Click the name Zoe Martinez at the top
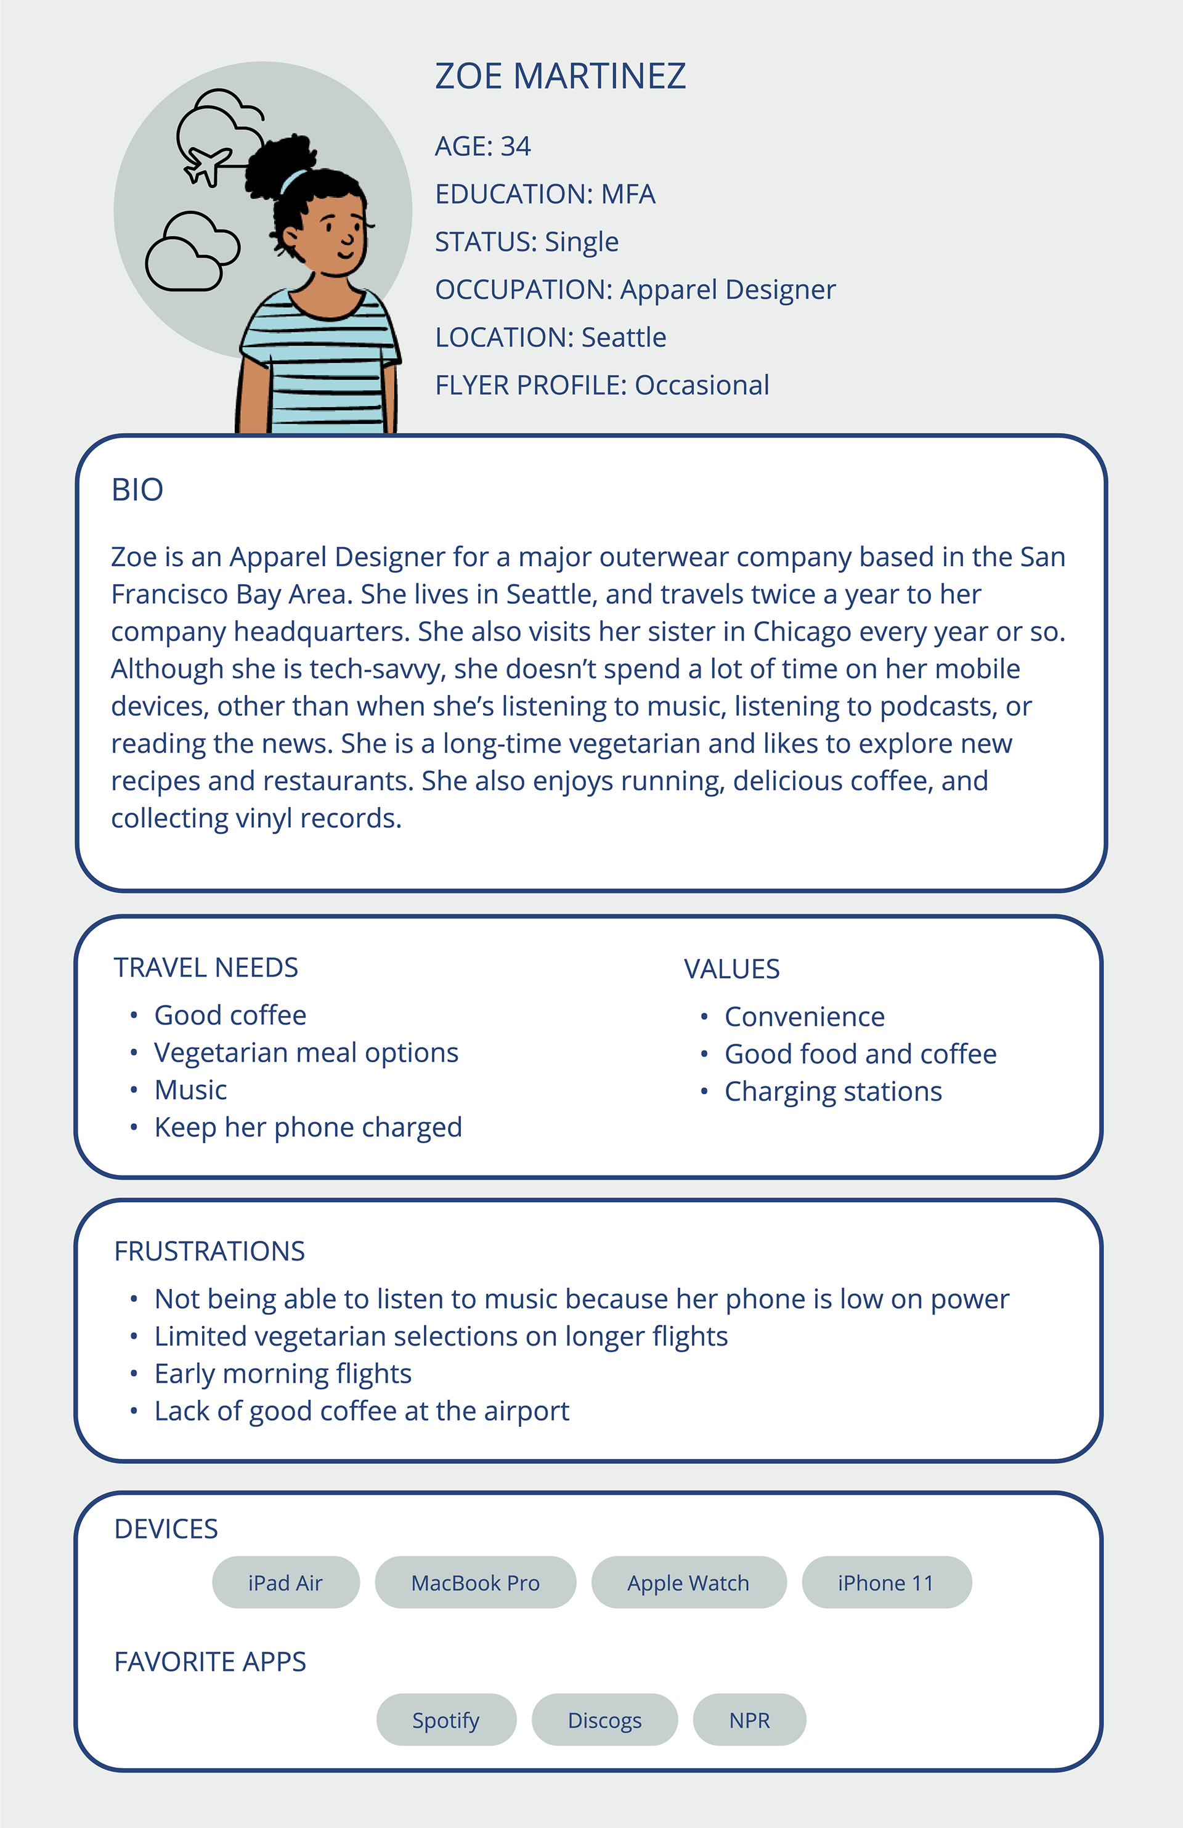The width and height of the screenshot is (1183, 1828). click(x=560, y=76)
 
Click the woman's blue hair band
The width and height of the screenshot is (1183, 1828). click(x=292, y=181)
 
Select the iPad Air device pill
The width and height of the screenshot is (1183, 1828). click(x=286, y=1582)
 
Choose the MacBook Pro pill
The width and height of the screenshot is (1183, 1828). click(x=476, y=1582)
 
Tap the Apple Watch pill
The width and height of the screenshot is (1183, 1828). click(x=688, y=1582)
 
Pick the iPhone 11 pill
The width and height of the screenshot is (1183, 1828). click(x=886, y=1582)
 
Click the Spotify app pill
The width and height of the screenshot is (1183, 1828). click(x=445, y=1720)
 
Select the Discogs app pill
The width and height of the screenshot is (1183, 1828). click(x=604, y=1720)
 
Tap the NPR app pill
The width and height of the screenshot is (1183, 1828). click(x=749, y=1720)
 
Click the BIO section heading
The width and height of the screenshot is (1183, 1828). click(x=137, y=490)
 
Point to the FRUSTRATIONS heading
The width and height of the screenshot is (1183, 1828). click(x=209, y=1251)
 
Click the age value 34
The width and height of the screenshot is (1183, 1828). click(x=516, y=146)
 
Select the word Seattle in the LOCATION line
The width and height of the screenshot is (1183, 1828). click(x=624, y=337)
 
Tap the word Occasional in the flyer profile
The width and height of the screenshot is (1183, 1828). click(x=702, y=385)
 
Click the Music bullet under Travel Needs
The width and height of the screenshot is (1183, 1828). click(x=190, y=1090)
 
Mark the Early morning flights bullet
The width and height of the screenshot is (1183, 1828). click(x=283, y=1373)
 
